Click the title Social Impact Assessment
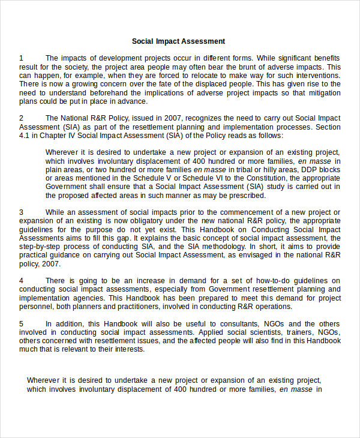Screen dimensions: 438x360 click(179, 41)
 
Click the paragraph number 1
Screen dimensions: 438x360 click(21, 58)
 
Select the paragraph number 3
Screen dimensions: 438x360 click(21, 212)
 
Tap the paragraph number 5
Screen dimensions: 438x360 click(21, 323)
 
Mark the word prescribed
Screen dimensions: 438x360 click(245, 196)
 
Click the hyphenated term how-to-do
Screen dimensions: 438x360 click(247, 281)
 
